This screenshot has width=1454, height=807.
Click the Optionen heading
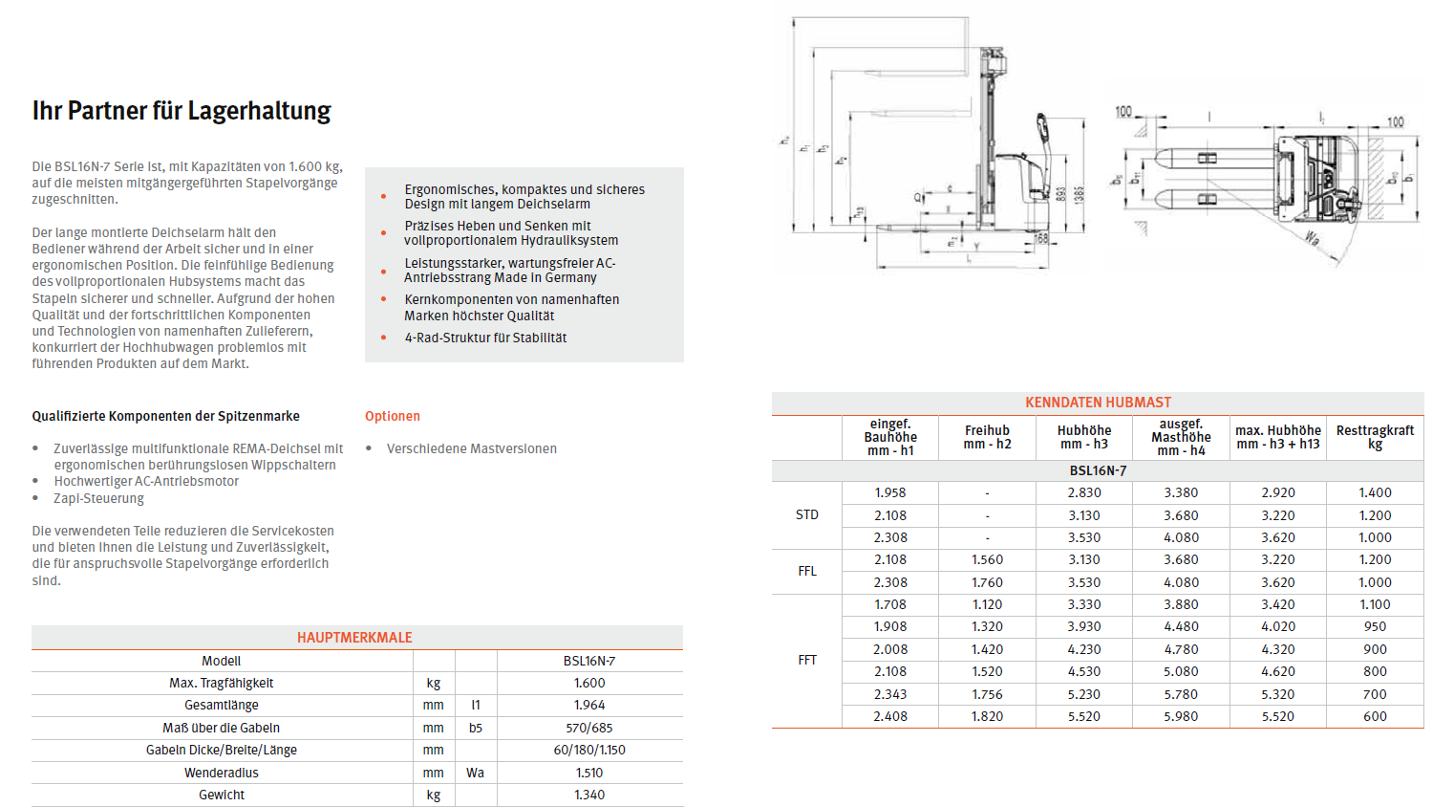pyautogui.click(x=392, y=416)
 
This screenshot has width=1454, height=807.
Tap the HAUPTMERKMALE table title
pyautogui.click(x=354, y=638)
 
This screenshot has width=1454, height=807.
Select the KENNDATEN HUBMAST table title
pyautogui.click(x=1098, y=403)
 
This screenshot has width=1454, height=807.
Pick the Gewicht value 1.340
pyautogui.click(x=589, y=795)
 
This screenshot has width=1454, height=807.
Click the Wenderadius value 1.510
pyautogui.click(x=589, y=773)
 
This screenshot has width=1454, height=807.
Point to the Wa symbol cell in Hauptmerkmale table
pyautogui.click(x=475, y=773)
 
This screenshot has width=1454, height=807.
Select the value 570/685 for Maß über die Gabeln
pyautogui.click(x=589, y=728)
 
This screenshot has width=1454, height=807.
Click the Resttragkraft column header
pyautogui.click(x=1375, y=437)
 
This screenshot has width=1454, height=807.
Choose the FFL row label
pyautogui.click(x=807, y=571)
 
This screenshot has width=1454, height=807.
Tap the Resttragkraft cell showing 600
pyautogui.click(x=1375, y=716)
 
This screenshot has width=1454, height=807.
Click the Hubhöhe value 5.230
pyautogui.click(x=1084, y=694)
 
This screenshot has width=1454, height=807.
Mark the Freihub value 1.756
pyautogui.click(x=987, y=694)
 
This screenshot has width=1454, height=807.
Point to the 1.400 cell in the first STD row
pyautogui.click(x=1375, y=492)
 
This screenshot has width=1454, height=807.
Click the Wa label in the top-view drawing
pyautogui.click(x=1313, y=238)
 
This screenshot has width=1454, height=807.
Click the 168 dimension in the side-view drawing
pyautogui.click(x=1041, y=238)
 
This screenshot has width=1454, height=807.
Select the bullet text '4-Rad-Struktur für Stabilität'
pyautogui.click(x=485, y=338)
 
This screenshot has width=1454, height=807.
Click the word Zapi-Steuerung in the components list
pyautogui.click(x=98, y=498)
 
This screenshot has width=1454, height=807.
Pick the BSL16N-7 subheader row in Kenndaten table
pyautogui.click(x=1098, y=470)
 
